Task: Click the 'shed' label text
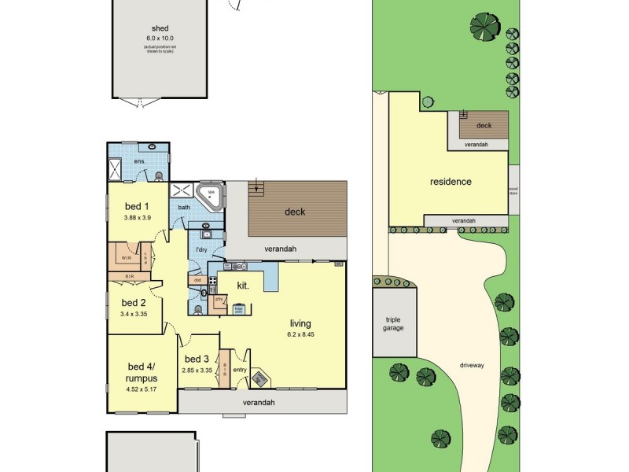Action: (160, 28)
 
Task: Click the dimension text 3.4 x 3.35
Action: (134, 314)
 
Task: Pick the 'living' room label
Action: (300, 323)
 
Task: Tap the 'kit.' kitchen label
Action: (243, 286)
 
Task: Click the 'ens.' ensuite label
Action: (139, 161)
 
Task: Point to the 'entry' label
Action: (239, 370)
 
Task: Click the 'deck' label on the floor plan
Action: (295, 212)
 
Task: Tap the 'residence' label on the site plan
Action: (451, 182)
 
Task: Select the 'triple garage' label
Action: (393, 323)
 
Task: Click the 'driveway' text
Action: (472, 365)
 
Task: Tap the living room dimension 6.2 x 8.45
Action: (300, 334)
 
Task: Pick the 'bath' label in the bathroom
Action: (184, 208)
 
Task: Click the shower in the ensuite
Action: (116, 167)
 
